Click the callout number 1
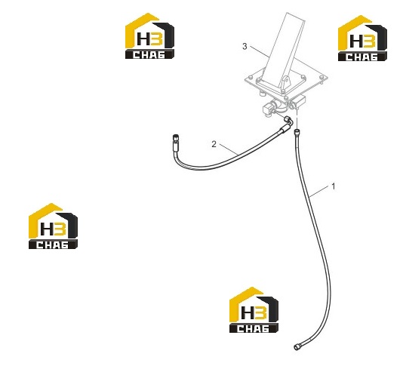[x=334, y=186]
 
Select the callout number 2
[x=214, y=144]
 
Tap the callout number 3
[x=245, y=46]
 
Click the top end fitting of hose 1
[x=297, y=132]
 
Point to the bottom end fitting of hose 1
[x=297, y=346]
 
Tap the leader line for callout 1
[x=319, y=191]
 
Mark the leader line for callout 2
[x=229, y=149]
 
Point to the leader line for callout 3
[x=260, y=51]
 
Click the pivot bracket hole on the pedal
[x=286, y=82]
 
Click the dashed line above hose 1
[x=297, y=118]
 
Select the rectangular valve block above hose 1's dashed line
[x=297, y=101]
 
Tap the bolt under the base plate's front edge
[x=262, y=94]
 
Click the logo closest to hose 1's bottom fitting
[x=254, y=310]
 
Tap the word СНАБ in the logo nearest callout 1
[x=362, y=57]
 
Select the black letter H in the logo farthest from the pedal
[x=47, y=228]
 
